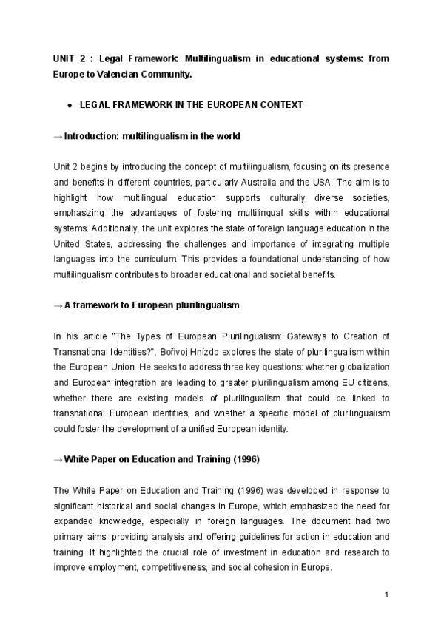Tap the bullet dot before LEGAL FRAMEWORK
pyautogui.click(x=69, y=106)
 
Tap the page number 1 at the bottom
pyautogui.click(x=387, y=594)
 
